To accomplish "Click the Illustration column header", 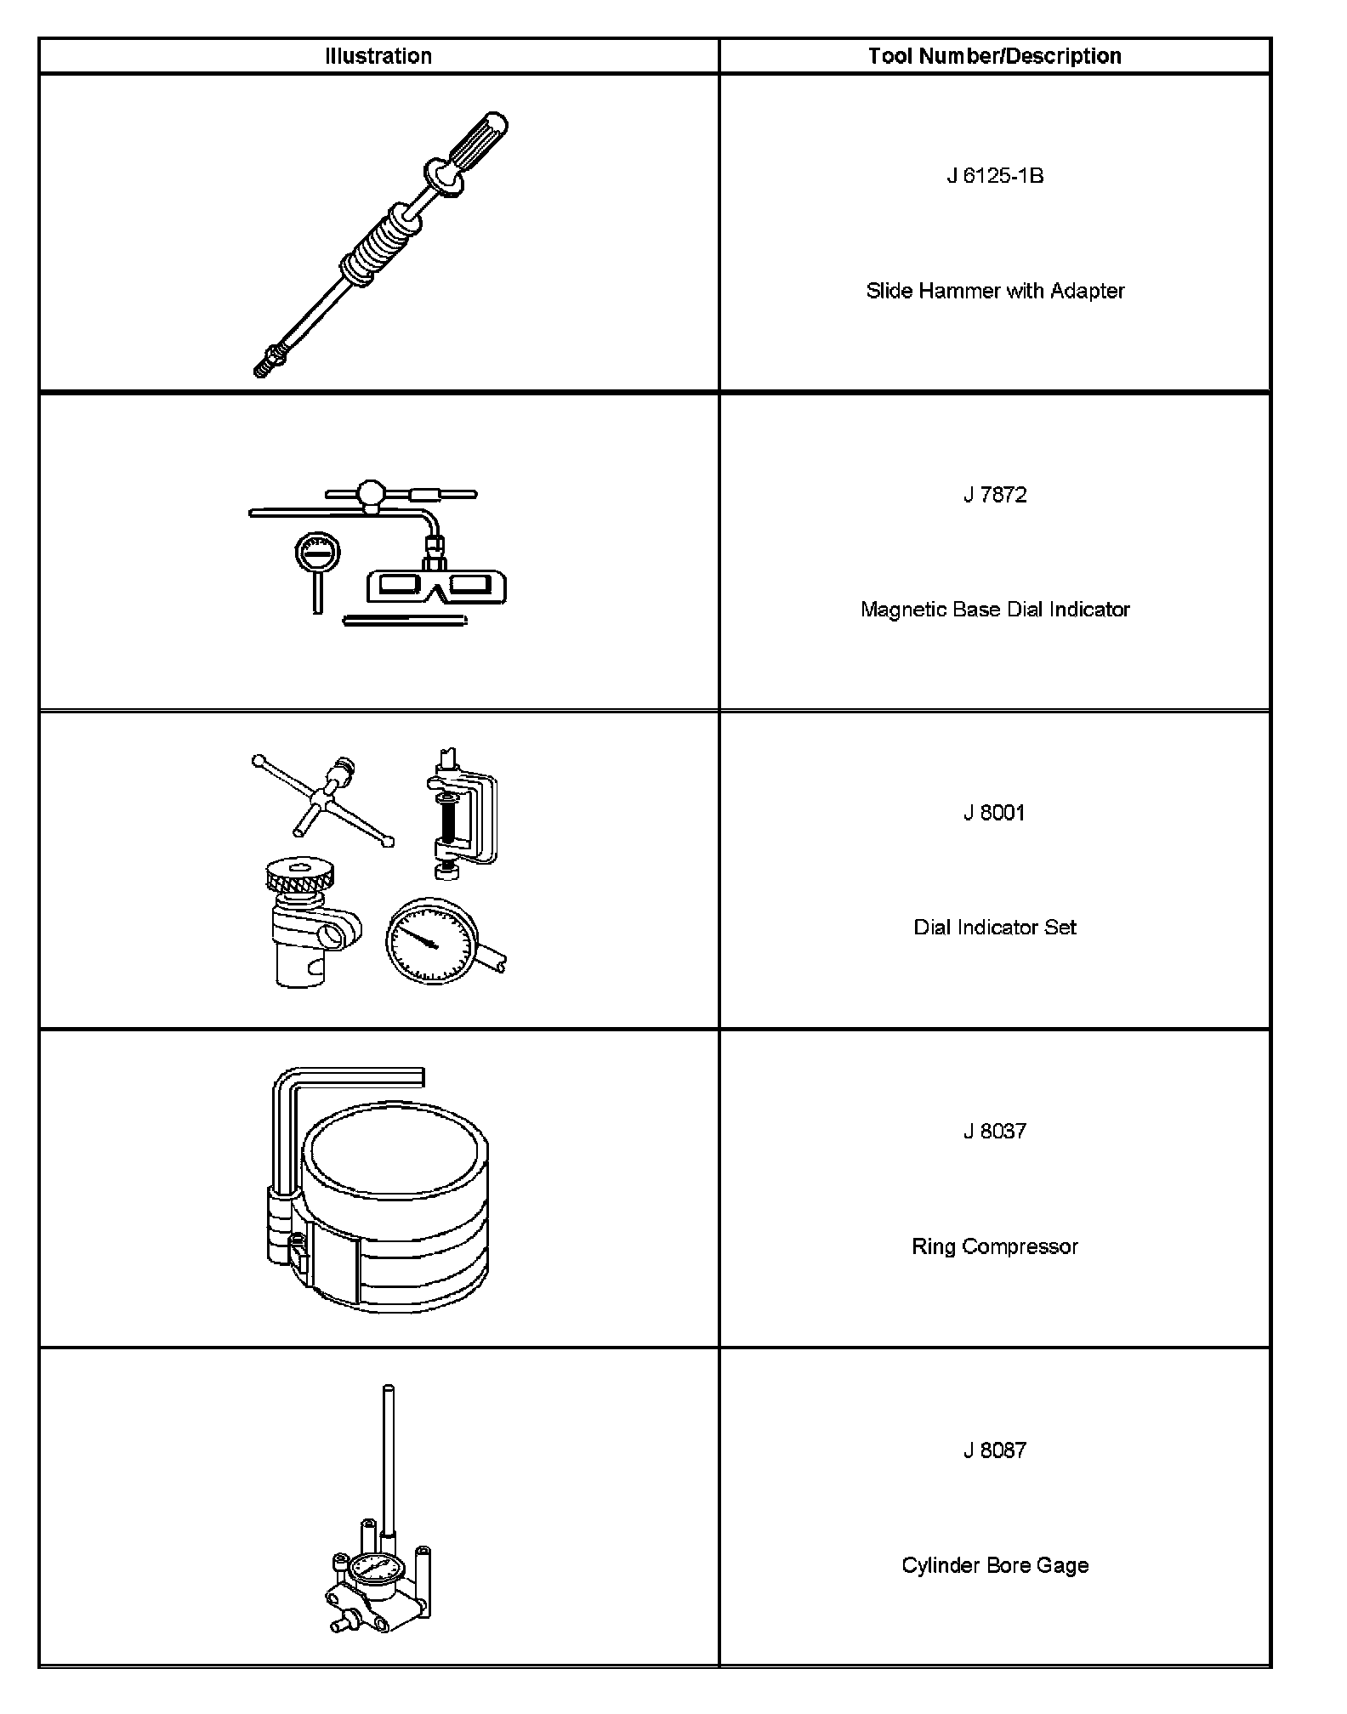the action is coord(378,56).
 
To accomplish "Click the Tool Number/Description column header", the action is coord(994,56).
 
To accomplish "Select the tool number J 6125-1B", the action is coord(995,176).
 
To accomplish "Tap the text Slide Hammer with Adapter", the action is coord(995,291).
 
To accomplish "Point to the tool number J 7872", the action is coord(995,495).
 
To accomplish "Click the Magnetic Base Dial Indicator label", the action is coord(995,610).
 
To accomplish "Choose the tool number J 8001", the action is coord(995,813).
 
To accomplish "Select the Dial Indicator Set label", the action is coord(995,928).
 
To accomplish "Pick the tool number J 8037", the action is coord(995,1132).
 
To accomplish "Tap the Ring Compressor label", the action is coord(995,1246).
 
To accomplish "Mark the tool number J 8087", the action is coord(995,1450).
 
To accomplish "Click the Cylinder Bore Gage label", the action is coord(995,1565).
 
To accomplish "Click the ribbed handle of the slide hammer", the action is coord(479,139).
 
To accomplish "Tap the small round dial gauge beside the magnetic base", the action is coord(317,555).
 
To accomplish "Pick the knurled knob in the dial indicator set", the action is coord(299,876).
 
